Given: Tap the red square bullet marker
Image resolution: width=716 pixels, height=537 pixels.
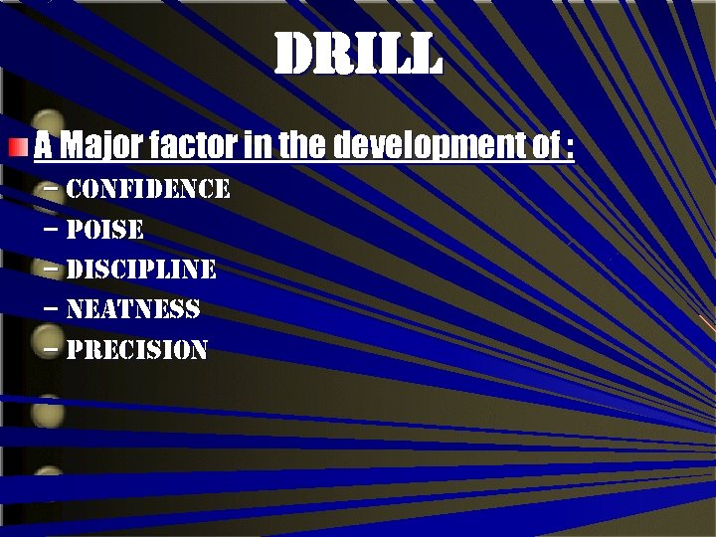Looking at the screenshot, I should click(x=17, y=149).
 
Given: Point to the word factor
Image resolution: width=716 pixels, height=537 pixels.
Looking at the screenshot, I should click(x=193, y=147).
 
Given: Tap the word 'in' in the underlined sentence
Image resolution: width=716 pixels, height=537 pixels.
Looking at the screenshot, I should click(x=256, y=147).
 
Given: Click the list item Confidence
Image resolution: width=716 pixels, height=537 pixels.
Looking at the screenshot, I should click(x=148, y=189).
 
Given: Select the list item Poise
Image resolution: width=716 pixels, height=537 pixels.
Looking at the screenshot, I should click(x=104, y=230).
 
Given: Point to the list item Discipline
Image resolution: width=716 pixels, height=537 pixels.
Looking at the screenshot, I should click(x=141, y=269).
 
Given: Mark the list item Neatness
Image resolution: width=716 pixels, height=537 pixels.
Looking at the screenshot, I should click(x=132, y=309).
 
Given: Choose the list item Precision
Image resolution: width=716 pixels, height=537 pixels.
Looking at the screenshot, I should click(x=136, y=350).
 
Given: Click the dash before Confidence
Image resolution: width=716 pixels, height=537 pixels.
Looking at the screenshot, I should click(x=52, y=188).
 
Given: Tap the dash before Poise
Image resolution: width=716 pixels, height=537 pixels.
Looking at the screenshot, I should click(x=52, y=229).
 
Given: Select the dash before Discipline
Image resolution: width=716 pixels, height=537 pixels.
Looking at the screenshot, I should click(x=52, y=268).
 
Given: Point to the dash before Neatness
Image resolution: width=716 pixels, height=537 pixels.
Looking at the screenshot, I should click(x=52, y=308).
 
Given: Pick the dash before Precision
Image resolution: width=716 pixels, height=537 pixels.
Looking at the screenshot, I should click(x=52, y=349).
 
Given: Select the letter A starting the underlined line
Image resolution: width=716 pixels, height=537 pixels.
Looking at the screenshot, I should click(x=43, y=147).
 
